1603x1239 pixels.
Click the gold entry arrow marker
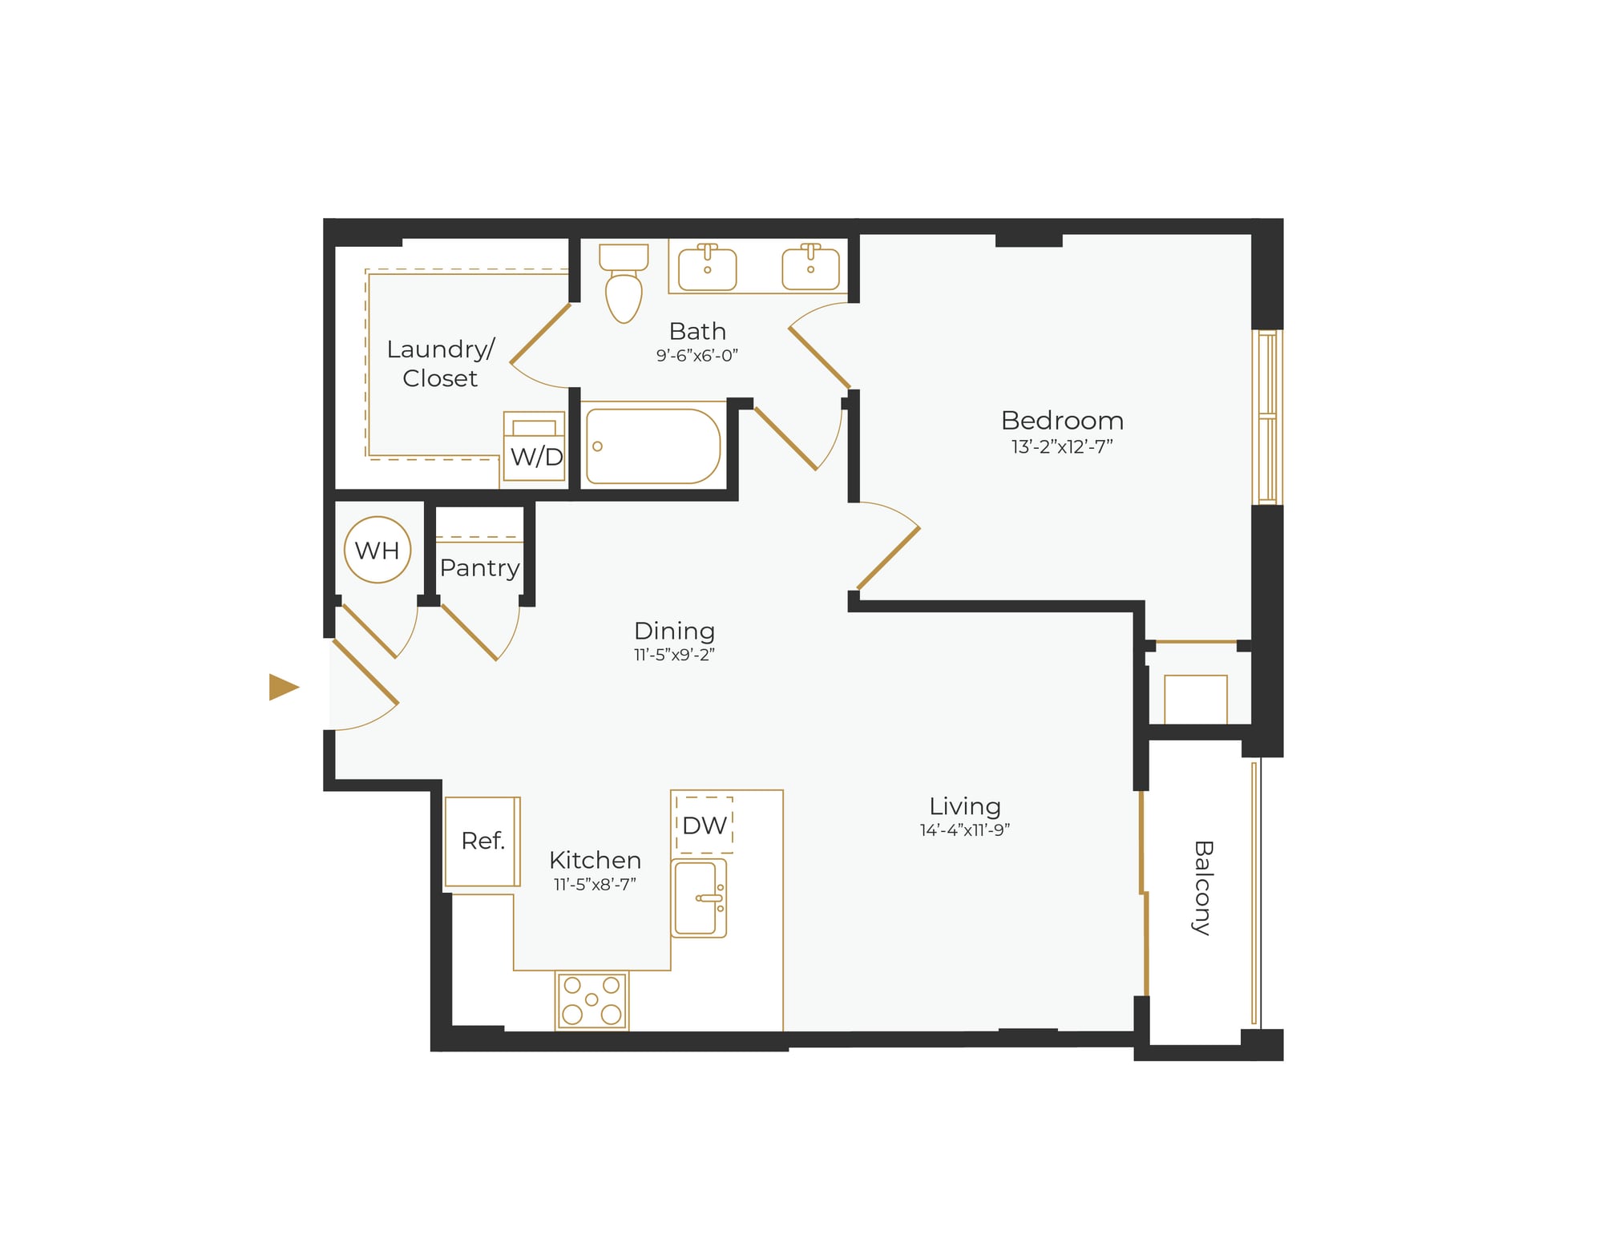[x=282, y=687]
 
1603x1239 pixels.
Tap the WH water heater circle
[x=377, y=550]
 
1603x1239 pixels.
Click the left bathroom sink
[x=707, y=268]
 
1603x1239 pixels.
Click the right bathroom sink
[x=810, y=268]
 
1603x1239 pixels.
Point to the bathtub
[x=652, y=446]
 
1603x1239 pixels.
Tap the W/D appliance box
[x=535, y=447]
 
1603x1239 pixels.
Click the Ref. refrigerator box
[x=483, y=841]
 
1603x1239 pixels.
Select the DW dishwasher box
[x=705, y=825]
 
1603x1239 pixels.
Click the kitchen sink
[x=698, y=898]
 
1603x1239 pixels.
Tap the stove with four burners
[x=592, y=1000]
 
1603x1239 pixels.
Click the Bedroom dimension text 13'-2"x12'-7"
[x=1061, y=446]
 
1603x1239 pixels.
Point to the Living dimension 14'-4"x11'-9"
[x=964, y=830]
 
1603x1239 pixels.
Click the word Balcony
[x=1202, y=887]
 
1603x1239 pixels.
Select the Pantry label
[x=479, y=567]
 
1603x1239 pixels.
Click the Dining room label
[x=674, y=631]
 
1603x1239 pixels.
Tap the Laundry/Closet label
[x=440, y=363]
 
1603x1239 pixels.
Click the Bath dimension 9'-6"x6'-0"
[x=697, y=355]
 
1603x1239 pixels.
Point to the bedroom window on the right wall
[x=1267, y=417]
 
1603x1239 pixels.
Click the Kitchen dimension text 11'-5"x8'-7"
[x=595, y=884]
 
